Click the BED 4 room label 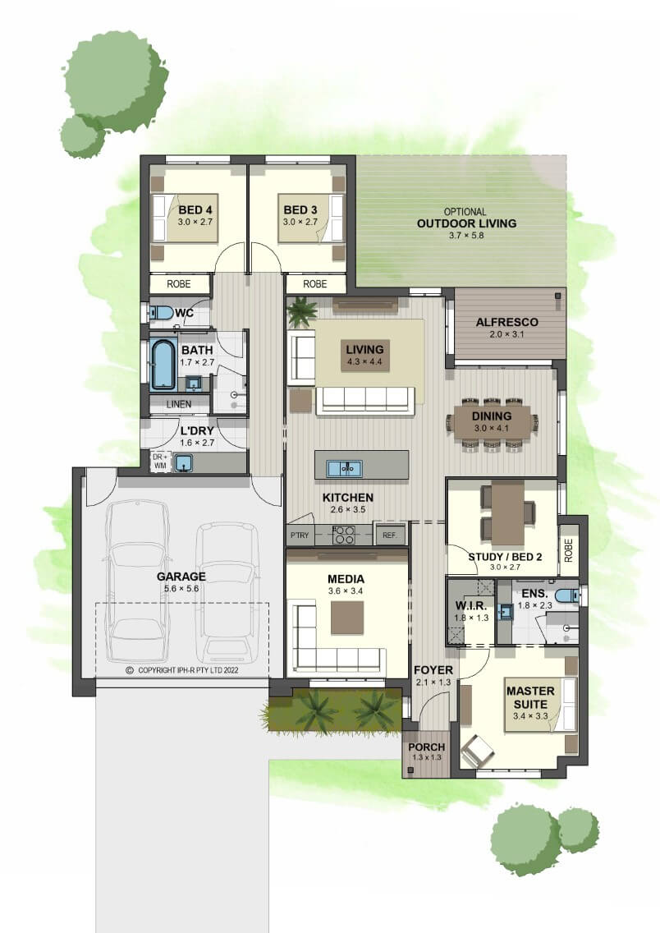195,210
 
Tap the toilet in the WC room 160,312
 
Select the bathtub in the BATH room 163,364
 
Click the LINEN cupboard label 178,404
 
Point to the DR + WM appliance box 160,462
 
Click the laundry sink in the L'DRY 183,462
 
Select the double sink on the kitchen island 344,468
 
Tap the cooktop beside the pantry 344,535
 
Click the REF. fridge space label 389,535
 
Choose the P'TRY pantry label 300,535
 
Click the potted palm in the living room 302,312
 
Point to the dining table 492,423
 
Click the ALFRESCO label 506,322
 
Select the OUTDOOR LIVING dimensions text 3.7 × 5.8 466,235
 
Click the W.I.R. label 471,606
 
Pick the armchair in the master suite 478,751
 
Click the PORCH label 426,747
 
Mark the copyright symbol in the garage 130,670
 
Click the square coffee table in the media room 347,618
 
